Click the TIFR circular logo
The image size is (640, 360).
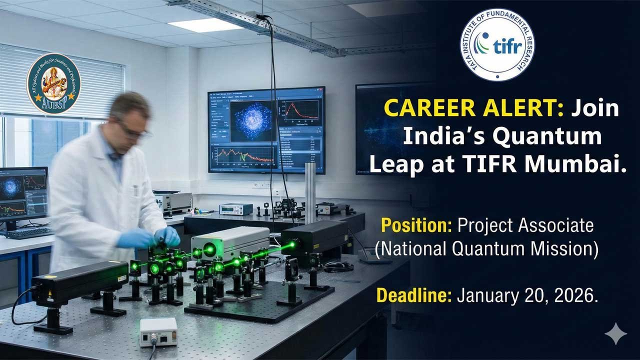[497, 44]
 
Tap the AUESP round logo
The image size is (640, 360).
[53, 83]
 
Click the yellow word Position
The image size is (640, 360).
[416, 226]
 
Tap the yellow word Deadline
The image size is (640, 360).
[413, 296]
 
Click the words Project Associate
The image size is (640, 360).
[525, 226]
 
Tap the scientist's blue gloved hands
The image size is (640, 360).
[150, 237]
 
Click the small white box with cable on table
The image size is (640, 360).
[158, 331]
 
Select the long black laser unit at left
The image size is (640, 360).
[80, 282]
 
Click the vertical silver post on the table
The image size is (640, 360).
[310, 192]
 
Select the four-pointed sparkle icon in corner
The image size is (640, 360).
[615, 333]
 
